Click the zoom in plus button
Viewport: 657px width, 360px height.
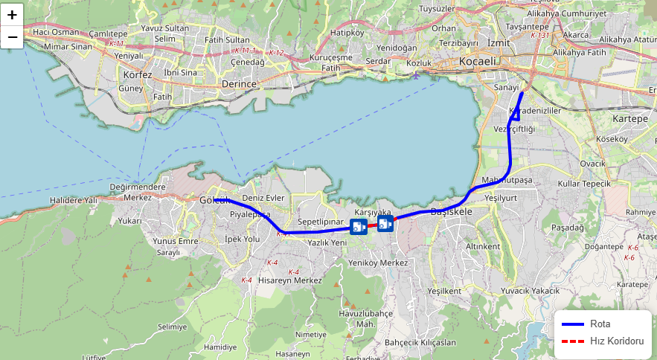click(13, 14)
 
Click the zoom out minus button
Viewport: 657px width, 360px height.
click(13, 36)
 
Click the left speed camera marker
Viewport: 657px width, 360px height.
click(358, 227)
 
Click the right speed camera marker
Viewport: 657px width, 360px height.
click(385, 223)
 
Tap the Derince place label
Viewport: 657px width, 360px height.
click(239, 85)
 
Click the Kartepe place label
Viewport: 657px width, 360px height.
click(630, 119)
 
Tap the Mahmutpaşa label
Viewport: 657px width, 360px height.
click(507, 180)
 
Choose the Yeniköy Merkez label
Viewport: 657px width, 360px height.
click(378, 263)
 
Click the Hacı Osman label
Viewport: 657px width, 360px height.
click(56, 32)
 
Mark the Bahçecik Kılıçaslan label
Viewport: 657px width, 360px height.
click(420, 343)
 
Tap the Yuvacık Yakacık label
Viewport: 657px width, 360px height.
click(530, 290)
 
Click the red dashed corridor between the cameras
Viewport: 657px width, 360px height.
click(371, 225)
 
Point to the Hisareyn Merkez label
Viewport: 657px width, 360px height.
click(289, 280)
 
